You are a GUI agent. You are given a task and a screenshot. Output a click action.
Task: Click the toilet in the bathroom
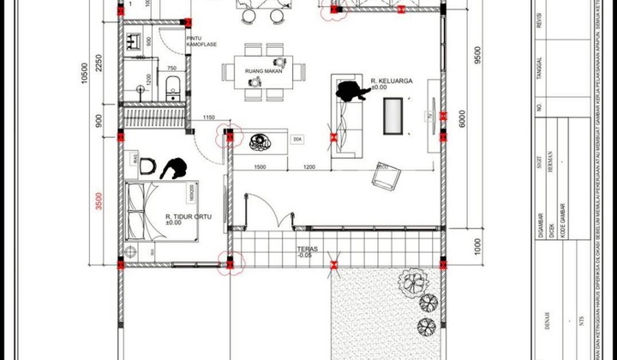click(x=171, y=86)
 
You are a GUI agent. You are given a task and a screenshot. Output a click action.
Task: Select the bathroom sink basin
click(x=135, y=40)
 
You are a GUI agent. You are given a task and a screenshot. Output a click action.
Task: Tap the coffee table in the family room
click(x=394, y=112)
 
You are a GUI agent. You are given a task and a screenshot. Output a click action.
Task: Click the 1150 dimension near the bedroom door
click(x=208, y=117)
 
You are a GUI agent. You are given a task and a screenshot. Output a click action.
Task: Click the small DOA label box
click(x=297, y=139)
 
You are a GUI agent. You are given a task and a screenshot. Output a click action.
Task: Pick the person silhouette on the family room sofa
click(x=350, y=91)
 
